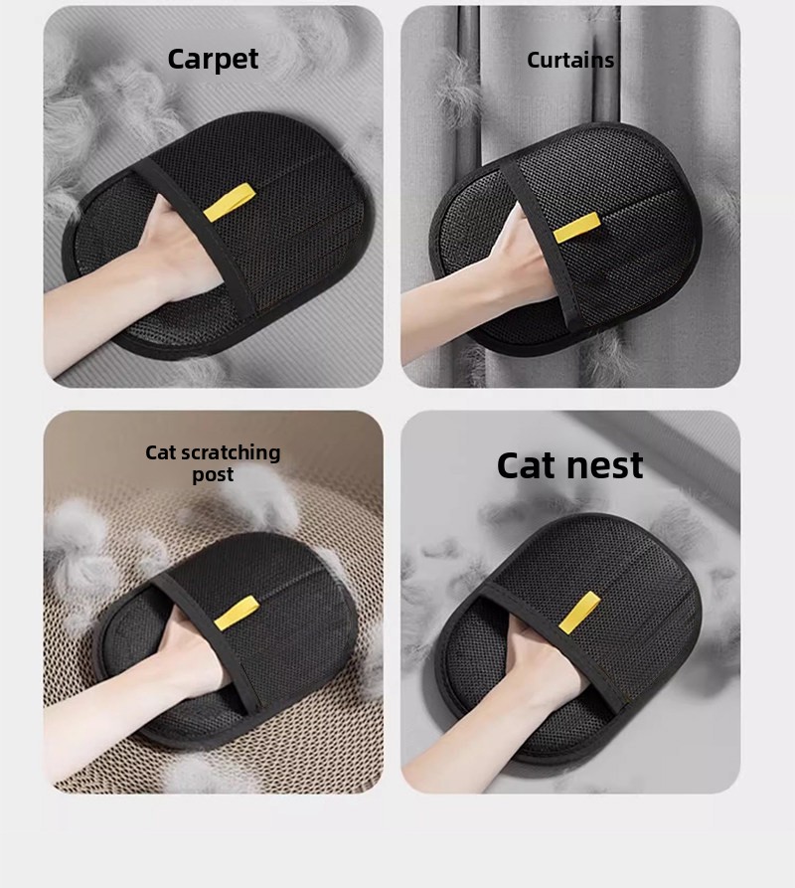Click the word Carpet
(x=213, y=59)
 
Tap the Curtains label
(x=570, y=60)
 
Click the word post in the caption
(x=213, y=474)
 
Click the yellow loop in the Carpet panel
(x=230, y=202)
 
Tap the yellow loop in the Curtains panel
(x=577, y=228)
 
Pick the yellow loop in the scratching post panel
(x=238, y=614)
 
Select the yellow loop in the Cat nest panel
(x=579, y=613)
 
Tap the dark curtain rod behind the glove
(x=468, y=85)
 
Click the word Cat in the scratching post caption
(x=161, y=453)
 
